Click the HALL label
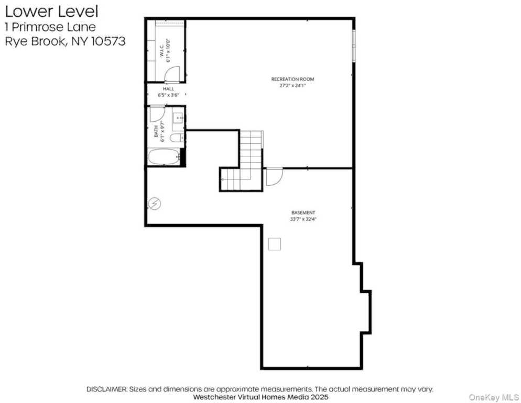(x=168, y=89)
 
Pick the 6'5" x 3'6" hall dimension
(x=168, y=96)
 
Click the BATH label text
(x=156, y=131)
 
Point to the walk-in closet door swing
(x=172, y=75)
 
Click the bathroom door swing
(x=157, y=114)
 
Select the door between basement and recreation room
(x=274, y=176)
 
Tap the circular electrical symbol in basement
(x=155, y=203)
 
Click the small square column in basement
(x=274, y=243)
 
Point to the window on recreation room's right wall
(x=354, y=45)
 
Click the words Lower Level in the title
(x=51, y=10)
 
